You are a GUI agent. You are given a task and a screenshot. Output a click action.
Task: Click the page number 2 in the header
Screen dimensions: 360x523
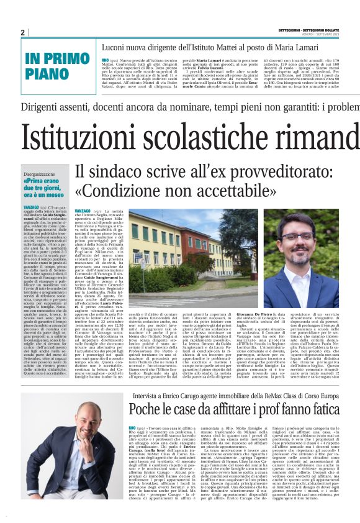tap(22, 32)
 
